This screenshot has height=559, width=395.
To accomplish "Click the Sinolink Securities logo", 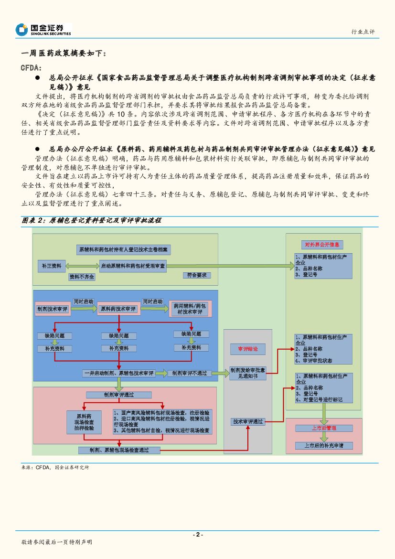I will pyautogui.click(x=43, y=30).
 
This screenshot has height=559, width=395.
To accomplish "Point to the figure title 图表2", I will pyautogui.click(x=91, y=220).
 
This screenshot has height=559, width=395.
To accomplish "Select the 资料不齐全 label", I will pyautogui.click(x=82, y=277).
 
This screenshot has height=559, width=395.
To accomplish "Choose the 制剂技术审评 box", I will pyautogui.click(x=53, y=309).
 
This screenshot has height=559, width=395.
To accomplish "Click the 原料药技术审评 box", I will pyautogui.click(x=117, y=309).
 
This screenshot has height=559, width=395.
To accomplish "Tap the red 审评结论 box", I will pyautogui.click(x=247, y=349).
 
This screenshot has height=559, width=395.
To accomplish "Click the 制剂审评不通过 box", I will pyautogui.click(x=189, y=373).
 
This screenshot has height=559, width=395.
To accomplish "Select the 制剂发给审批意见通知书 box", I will pyautogui.click(x=247, y=373).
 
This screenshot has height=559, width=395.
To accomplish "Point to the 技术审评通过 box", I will pyautogui.click(x=248, y=421).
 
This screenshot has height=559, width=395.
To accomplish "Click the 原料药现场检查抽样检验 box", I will pyautogui.click(x=85, y=422).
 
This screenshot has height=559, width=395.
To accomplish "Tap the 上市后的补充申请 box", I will pyautogui.click(x=324, y=445).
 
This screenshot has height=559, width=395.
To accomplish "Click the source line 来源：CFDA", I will pyautogui.click(x=55, y=467).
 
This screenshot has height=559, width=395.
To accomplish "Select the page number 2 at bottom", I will pyautogui.click(x=197, y=535).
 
